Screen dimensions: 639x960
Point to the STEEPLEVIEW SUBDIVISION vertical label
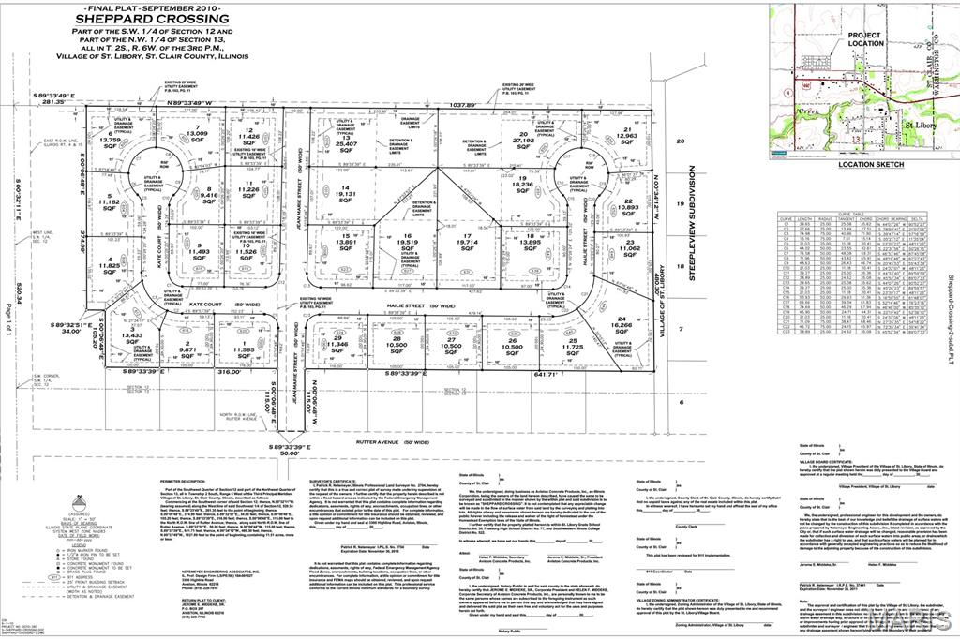693,221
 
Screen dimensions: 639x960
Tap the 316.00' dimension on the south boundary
230,373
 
